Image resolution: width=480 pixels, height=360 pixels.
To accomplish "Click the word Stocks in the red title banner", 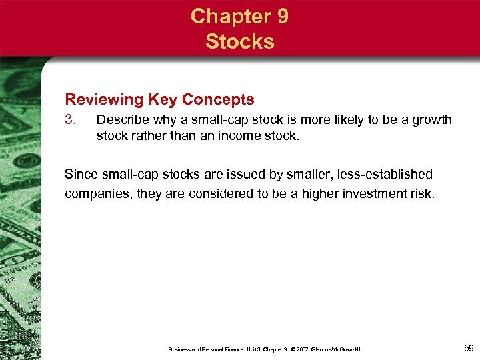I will (x=240, y=41).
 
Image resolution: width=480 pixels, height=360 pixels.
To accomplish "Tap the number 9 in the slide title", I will (x=281, y=16).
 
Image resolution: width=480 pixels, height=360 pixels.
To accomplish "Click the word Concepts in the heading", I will (x=219, y=100).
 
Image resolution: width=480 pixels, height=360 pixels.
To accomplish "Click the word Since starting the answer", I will (x=81, y=175).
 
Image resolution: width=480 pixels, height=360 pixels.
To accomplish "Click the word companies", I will (x=95, y=195).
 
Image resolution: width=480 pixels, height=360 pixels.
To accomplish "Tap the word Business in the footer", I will (x=181, y=349).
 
